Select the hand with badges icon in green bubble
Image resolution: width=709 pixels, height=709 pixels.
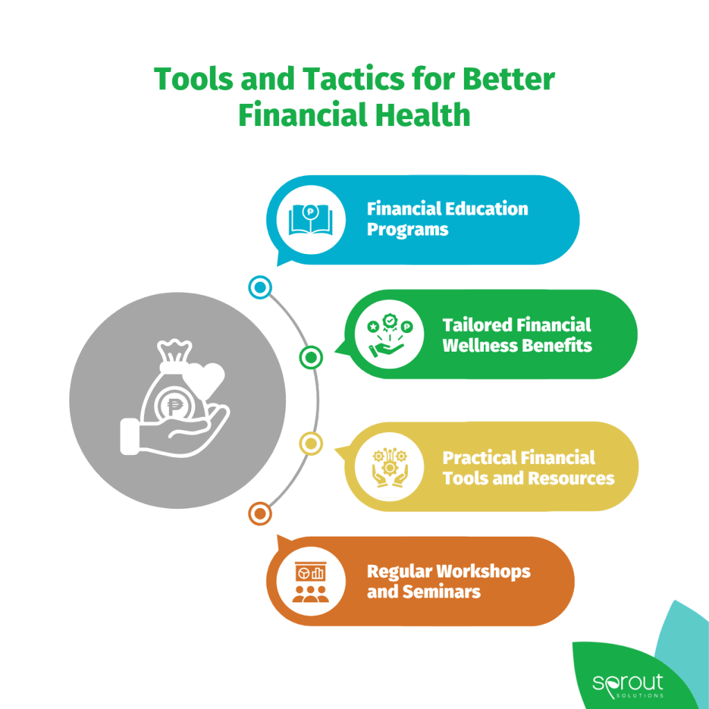tap(390, 335)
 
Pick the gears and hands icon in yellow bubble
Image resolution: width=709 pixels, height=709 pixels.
tap(390, 467)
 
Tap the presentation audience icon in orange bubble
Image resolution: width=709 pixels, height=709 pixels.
tap(311, 582)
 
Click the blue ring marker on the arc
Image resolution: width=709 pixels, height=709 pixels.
tap(260, 287)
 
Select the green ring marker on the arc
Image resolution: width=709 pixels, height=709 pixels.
tap(311, 358)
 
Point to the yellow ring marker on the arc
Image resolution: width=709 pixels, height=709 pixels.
tap(311, 444)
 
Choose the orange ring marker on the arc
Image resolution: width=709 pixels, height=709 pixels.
tap(260, 514)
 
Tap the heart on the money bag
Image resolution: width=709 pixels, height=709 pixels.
tap(205, 375)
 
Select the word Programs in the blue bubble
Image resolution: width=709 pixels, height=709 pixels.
tap(407, 230)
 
